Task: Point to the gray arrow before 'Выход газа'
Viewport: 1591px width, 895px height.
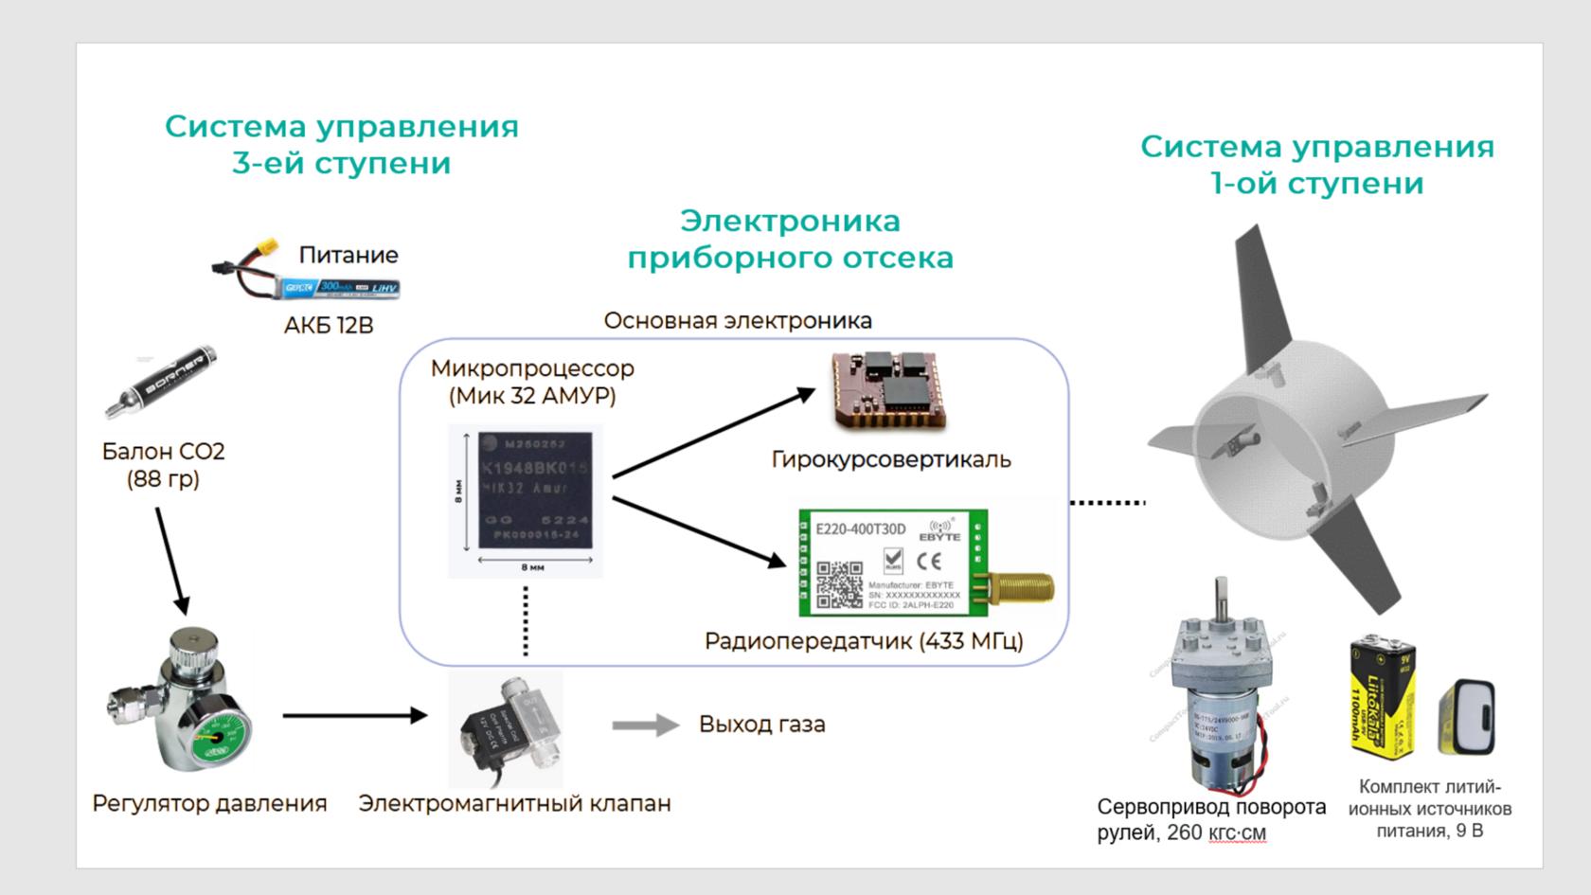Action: point(645,725)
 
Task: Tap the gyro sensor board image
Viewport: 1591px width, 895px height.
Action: point(888,390)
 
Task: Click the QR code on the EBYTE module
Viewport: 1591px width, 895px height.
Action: point(839,584)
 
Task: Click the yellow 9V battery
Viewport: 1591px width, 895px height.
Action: point(1383,699)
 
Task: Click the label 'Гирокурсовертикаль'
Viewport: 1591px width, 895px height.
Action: point(890,459)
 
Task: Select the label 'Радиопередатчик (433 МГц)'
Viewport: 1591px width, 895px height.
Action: point(864,641)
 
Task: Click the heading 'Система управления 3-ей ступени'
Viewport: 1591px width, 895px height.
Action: point(342,144)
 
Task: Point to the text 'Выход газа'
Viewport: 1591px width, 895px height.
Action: point(761,725)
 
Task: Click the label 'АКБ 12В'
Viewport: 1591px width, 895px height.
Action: point(329,325)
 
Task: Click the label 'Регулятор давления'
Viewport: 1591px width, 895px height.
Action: point(209,803)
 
